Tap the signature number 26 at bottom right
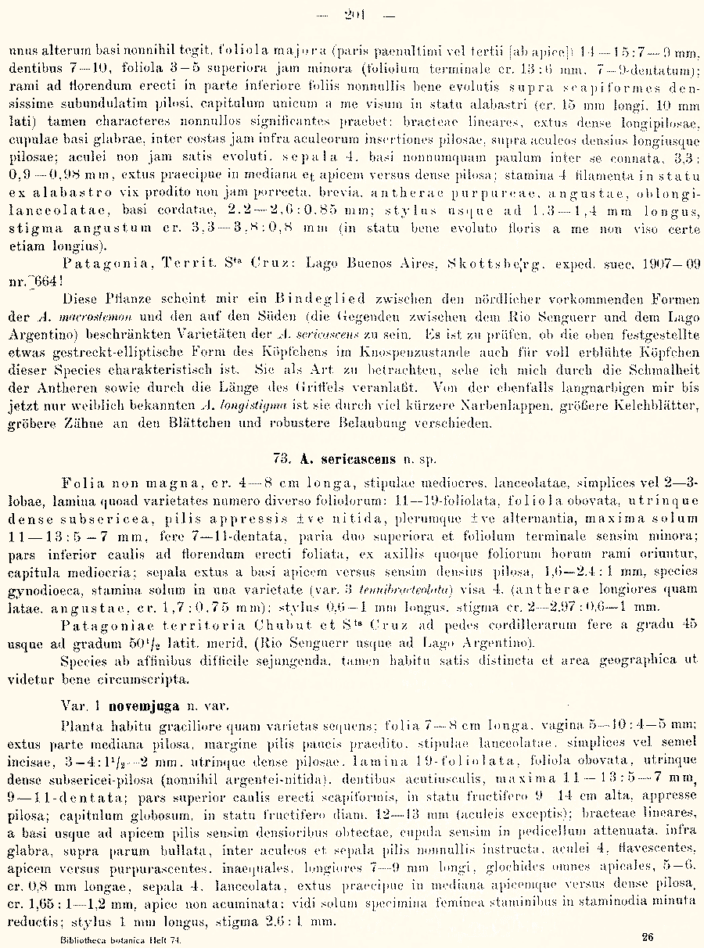click(x=647, y=937)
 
